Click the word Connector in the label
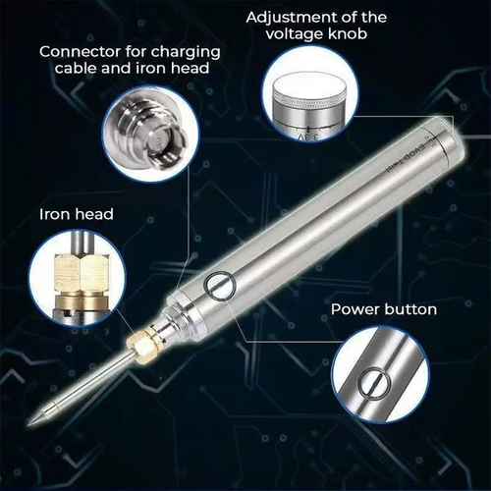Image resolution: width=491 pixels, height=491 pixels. [x=76, y=51]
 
